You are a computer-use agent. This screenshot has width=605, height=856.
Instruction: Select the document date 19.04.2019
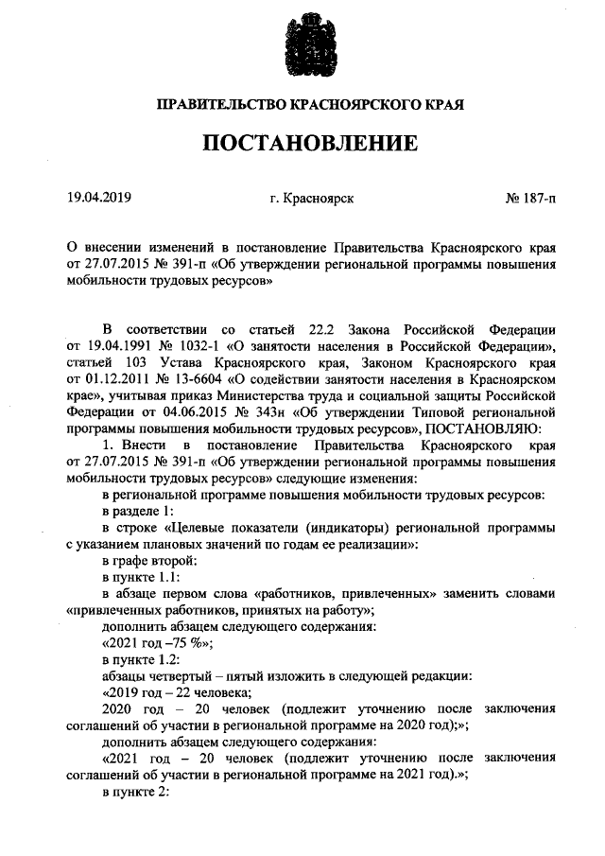point(98,199)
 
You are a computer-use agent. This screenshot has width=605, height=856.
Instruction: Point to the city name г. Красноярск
point(311,199)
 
